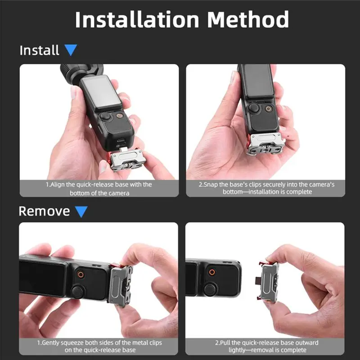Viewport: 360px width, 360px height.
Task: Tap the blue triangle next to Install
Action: [70, 50]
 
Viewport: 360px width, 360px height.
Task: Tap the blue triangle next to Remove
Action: [81, 211]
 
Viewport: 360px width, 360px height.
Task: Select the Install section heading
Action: [39, 50]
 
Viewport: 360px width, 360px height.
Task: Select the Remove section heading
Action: [44, 211]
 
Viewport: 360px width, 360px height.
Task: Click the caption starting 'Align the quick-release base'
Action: [99, 189]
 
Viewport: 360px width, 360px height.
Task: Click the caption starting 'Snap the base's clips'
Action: [265, 189]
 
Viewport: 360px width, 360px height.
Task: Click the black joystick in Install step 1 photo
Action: [106, 117]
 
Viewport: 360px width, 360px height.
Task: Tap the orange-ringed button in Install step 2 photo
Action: [269, 109]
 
